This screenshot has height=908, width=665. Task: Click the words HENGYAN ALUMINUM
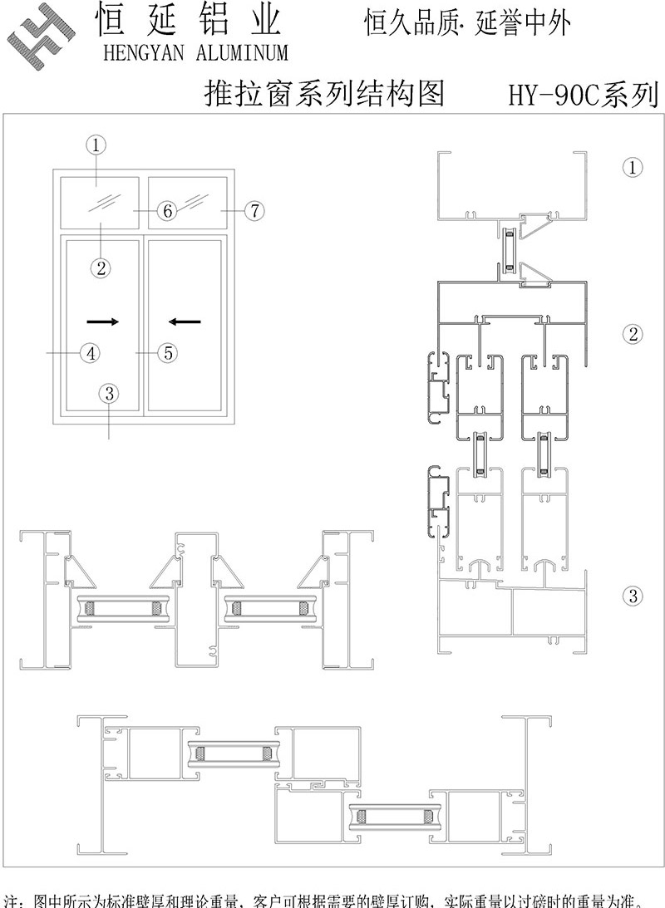tap(195, 53)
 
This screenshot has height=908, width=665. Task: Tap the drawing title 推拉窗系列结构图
tap(324, 94)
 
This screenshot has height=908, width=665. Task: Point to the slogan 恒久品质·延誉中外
tap(468, 24)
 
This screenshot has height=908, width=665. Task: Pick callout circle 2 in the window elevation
tap(101, 267)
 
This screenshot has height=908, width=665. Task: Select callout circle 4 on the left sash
tap(90, 352)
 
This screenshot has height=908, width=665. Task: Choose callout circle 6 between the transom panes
tap(167, 211)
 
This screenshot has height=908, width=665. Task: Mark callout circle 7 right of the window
tap(254, 211)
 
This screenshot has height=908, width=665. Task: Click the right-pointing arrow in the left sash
tap(103, 321)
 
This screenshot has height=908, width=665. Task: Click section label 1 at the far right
tap(633, 168)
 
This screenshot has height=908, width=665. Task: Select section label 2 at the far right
tap(633, 334)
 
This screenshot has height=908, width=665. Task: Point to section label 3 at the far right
tap(633, 595)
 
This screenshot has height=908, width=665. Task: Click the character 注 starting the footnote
tap(12, 901)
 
